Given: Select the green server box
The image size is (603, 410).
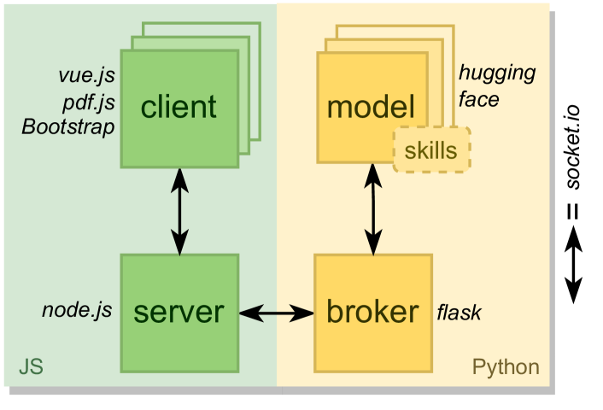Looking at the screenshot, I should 179,342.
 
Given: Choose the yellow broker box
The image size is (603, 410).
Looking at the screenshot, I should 373,342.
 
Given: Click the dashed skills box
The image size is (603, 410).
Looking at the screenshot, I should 431,150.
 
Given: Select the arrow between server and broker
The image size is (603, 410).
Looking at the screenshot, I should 276,313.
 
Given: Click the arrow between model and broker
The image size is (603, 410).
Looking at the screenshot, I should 373,210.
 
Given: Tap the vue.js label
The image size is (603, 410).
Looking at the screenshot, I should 86,75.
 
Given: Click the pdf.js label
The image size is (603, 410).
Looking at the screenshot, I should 88,102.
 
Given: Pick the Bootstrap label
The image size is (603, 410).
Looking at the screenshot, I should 68,127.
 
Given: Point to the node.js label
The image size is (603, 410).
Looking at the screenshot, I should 77,310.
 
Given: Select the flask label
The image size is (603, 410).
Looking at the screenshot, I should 459,313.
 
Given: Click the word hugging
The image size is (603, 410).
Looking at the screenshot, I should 497,73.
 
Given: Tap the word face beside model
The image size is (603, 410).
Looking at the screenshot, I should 478,100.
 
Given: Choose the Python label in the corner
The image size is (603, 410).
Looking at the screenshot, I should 506,367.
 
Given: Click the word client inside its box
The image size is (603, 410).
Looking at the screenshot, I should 179,107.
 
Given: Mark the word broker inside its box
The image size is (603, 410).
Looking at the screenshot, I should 373,312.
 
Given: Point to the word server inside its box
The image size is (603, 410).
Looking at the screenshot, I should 179,312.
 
